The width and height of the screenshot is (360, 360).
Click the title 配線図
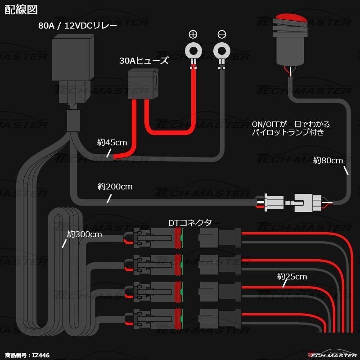tap(21, 9)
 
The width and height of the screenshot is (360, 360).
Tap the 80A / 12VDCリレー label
tap(77, 26)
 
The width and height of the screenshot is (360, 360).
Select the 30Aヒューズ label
tap(144, 61)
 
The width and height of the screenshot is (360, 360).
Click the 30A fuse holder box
tap(143, 84)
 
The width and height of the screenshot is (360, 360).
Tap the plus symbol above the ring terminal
tap(193, 34)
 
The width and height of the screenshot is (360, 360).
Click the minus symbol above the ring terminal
tap(221, 34)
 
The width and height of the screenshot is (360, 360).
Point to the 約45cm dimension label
tap(112, 143)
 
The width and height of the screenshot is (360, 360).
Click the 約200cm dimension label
tap(115, 186)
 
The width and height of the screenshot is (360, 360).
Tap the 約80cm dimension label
tap(328, 160)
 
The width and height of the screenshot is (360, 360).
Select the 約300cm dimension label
tap(85, 234)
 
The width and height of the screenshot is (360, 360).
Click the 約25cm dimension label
tap(292, 276)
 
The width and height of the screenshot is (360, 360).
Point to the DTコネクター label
tap(193, 223)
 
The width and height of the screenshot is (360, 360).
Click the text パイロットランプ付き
tap(288, 133)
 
